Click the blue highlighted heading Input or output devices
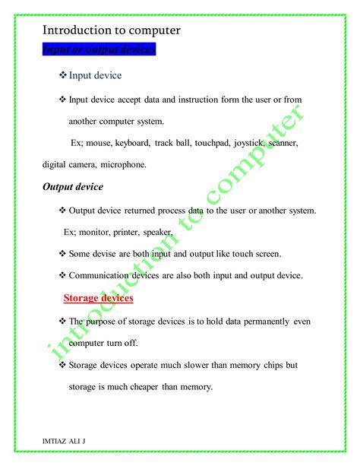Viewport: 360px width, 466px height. tap(99, 50)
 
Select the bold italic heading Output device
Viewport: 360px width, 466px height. tap(73, 186)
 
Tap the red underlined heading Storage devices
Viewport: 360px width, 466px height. tap(98, 298)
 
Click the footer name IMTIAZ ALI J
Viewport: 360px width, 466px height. tap(63, 440)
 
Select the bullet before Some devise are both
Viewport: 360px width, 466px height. tap(62, 254)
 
